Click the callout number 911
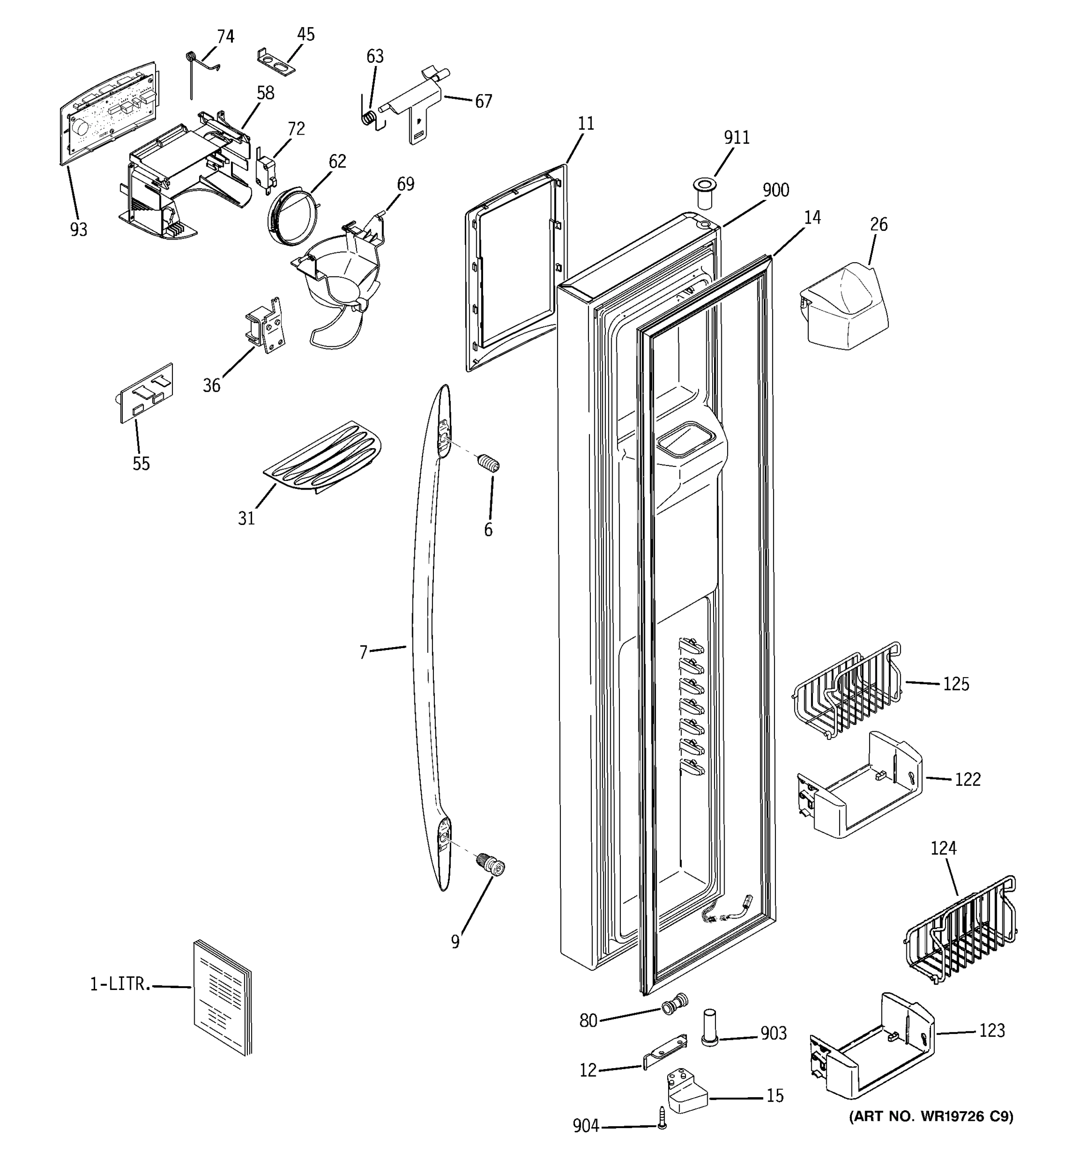coord(737,138)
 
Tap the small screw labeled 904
coord(662,1117)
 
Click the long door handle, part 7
coord(421,641)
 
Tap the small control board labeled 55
coord(146,393)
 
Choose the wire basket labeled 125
coord(847,691)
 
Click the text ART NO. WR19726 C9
coord(931,1117)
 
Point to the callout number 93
coord(79,230)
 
